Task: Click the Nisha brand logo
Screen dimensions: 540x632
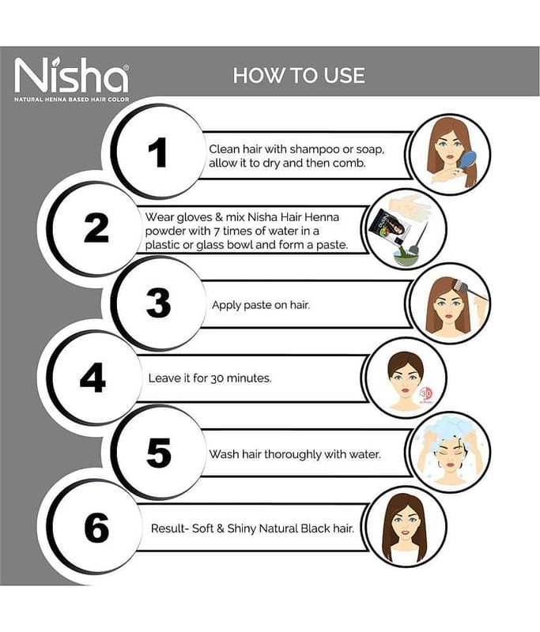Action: (x=72, y=76)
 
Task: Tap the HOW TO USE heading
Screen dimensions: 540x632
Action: (x=299, y=75)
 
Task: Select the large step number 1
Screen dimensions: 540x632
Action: (x=157, y=152)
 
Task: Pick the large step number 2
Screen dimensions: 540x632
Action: (x=96, y=228)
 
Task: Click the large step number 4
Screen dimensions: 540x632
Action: (x=93, y=378)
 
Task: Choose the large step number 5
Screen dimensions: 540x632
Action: (x=158, y=453)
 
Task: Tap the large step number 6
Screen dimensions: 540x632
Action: (x=96, y=528)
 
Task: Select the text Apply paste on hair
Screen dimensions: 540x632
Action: (x=261, y=305)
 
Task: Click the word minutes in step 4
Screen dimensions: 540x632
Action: (x=249, y=378)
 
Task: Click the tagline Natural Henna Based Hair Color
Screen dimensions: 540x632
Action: (x=72, y=100)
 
